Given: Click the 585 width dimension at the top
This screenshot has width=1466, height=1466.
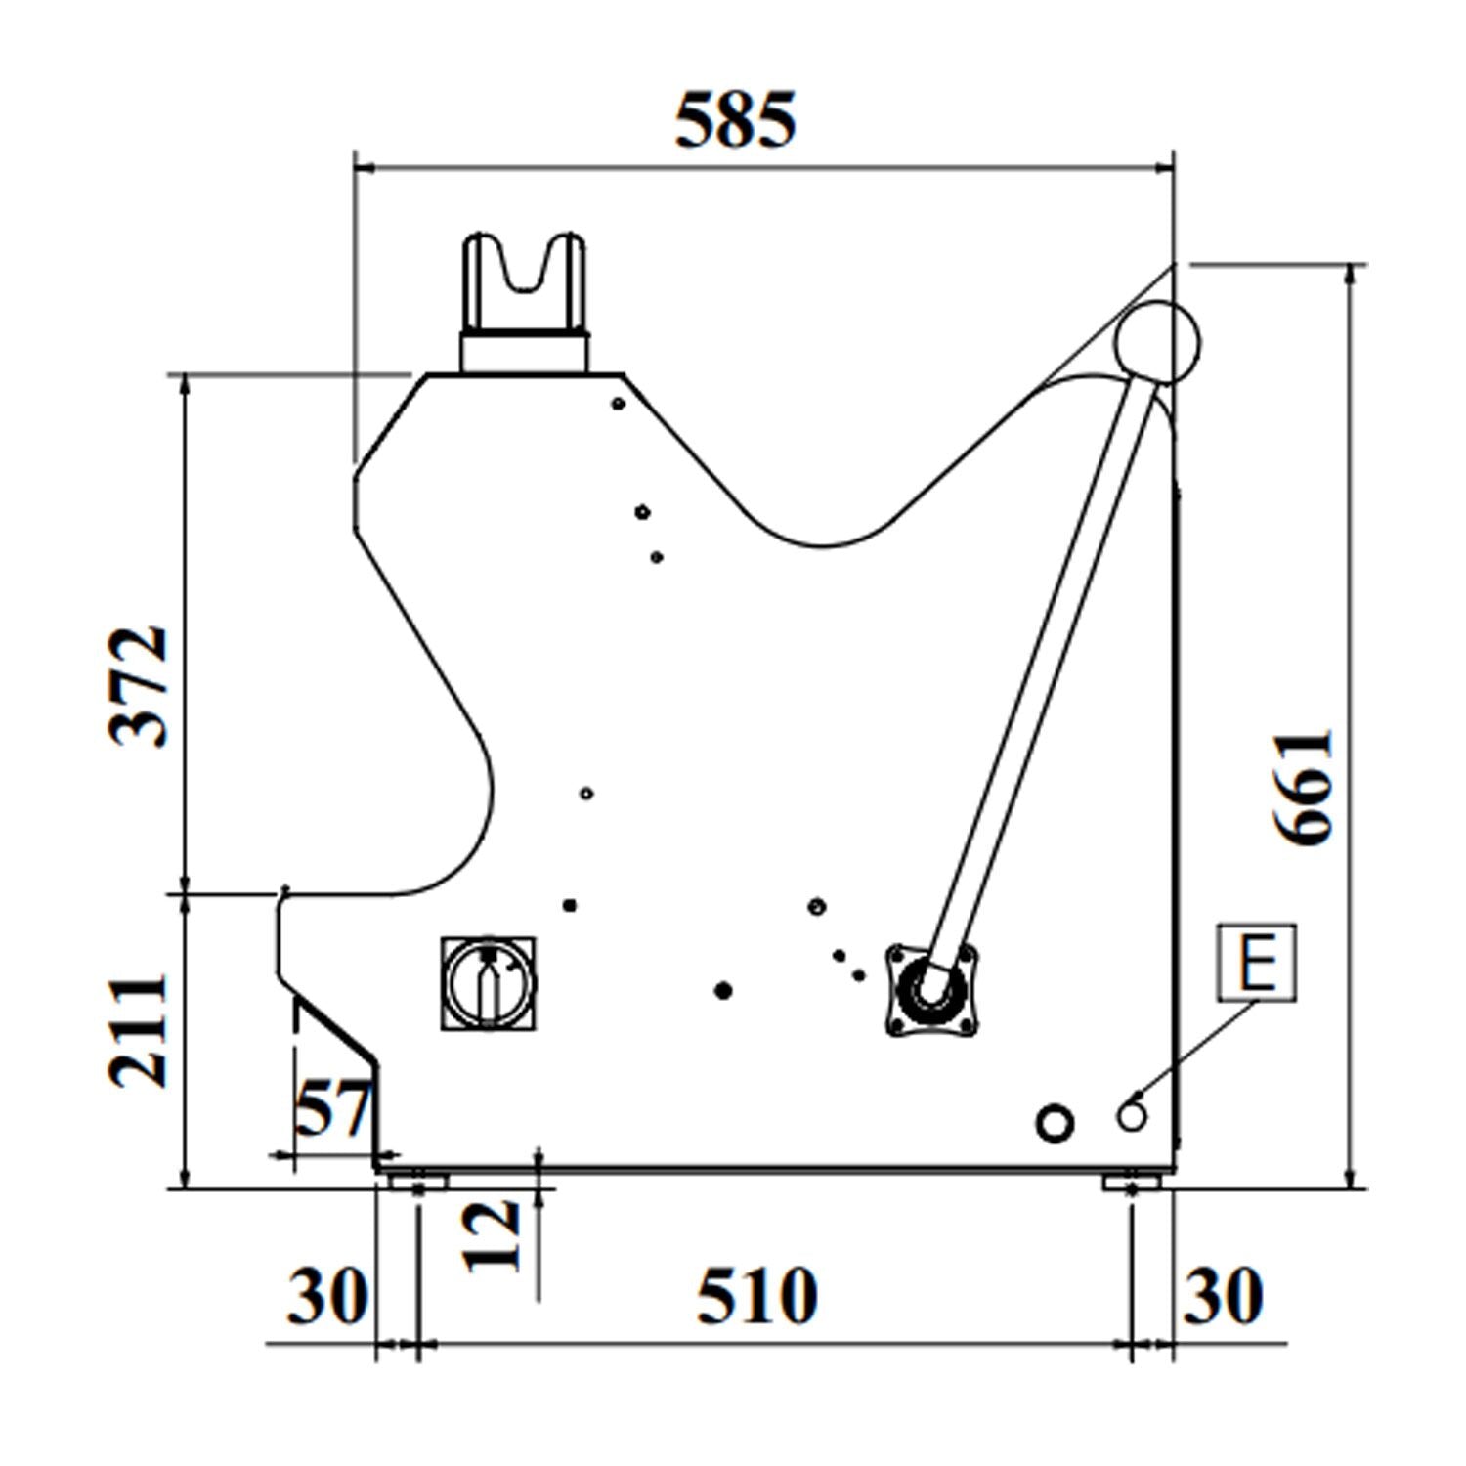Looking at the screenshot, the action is pyautogui.click(x=736, y=120).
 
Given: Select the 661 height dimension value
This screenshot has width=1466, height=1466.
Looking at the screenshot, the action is pyautogui.click(x=1305, y=787).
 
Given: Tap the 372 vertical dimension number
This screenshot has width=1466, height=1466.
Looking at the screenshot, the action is pyautogui.click(x=139, y=686).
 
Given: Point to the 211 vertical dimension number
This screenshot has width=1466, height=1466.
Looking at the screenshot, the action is pyautogui.click(x=138, y=1030).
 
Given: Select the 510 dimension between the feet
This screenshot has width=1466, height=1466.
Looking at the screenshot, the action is pyautogui.click(x=756, y=1296).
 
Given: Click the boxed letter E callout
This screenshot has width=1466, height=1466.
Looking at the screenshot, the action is pyautogui.click(x=1257, y=962).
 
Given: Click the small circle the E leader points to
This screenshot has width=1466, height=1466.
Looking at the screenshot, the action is pyautogui.click(x=1133, y=1115).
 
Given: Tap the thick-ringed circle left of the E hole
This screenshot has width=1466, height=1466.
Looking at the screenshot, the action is pyautogui.click(x=1055, y=1123).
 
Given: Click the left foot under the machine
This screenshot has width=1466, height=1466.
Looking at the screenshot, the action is pyautogui.click(x=417, y=1181).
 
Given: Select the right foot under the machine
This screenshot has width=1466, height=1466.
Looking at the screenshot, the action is pyautogui.click(x=1132, y=1181).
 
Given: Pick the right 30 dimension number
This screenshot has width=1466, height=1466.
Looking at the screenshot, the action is pyautogui.click(x=1224, y=1296).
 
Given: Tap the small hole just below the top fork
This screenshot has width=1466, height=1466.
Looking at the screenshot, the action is pyautogui.click(x=618, y=403).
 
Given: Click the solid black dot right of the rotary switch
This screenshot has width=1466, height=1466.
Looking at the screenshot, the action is pyautogui.click(x=723, y=991).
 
